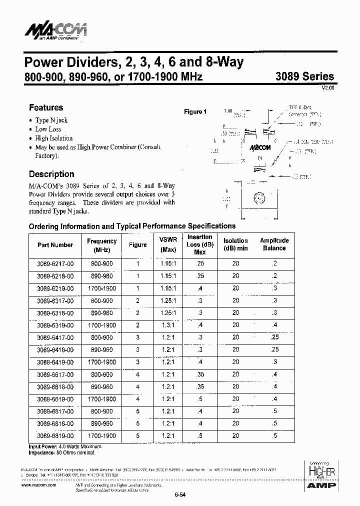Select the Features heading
point(46,107)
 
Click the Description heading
point(51,174)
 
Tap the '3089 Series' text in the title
point(305,76)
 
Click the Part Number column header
point(55,245)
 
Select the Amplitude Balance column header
point(274,244)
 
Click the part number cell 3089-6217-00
point(55,263)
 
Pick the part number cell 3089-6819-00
point(55,436)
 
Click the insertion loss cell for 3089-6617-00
point(200,374)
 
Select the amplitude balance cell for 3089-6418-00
point(274,349)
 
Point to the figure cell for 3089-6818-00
point(137,423)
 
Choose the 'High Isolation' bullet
point(54,138)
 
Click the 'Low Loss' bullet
point(48,129)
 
